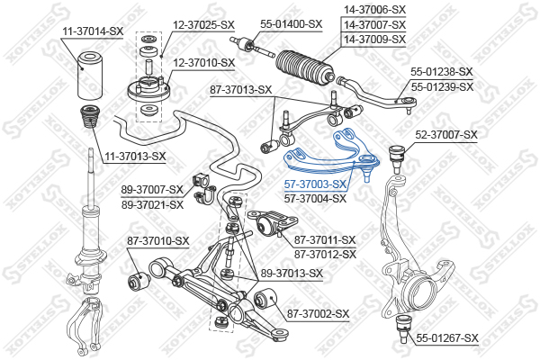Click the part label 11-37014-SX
click(x=92, y=31)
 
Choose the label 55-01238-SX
click(x=442, y=70)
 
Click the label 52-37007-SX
click(x=446, y=135)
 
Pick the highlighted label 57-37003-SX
click(x=315, y=184)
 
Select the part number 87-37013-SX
click(x=240, y=89)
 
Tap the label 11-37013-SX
click(x=134, y=156)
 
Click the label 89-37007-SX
click(x=152, y=190)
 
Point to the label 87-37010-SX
click(x=157, y=240)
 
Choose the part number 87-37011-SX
click(x=325, y=239)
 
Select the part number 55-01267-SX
click(x=447, y=337)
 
